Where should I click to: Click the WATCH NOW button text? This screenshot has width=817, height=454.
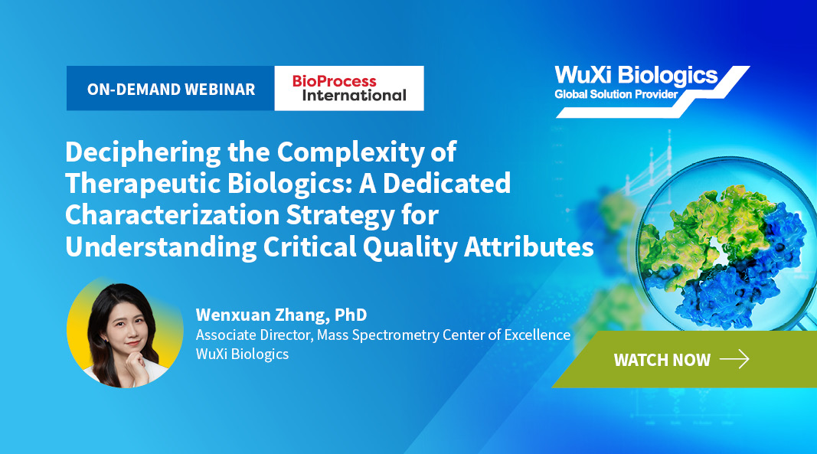pos(662,360)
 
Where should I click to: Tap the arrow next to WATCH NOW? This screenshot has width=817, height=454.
pos(734,359)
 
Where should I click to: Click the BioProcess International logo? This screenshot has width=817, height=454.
pos(348,88)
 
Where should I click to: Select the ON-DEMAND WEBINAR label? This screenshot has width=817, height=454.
pos(171,89)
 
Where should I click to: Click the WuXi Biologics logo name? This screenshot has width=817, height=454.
pos(636,76)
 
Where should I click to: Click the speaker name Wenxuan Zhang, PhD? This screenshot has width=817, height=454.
pos(281,315)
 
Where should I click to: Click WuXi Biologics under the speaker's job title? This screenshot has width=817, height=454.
pos(242,354)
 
